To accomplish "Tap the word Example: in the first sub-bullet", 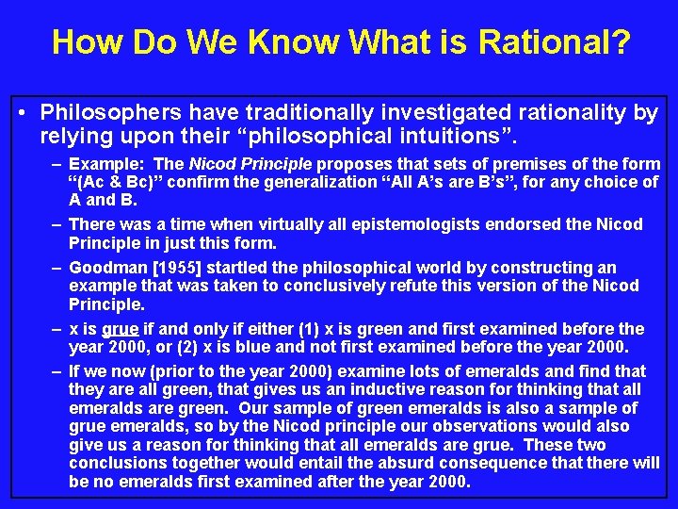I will pyautogui.click(x=108, y=164).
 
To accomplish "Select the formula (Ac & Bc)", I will pyautogui.click(x=122, y=182).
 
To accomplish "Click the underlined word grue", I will pyautogui.click(x=120, y=329).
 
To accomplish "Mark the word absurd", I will pyautogui.click(x=342, y=463).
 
